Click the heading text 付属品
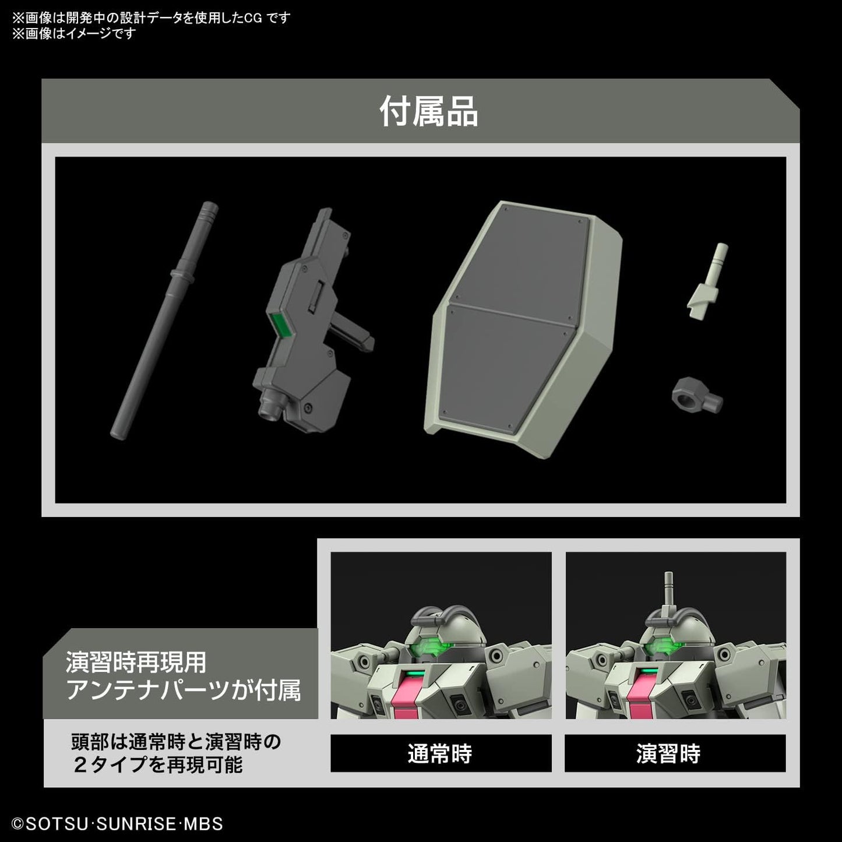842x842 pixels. click(429, 111)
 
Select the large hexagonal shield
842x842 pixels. click(522, 318)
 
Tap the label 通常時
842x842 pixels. click(440, 754)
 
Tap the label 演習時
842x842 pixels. click(668, 754)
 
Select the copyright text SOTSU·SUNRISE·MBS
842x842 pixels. click(117, 824)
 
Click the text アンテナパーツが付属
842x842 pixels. click(184, 691)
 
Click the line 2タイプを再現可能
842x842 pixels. click(157, 765)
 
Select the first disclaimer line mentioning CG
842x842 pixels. click(151, 17)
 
